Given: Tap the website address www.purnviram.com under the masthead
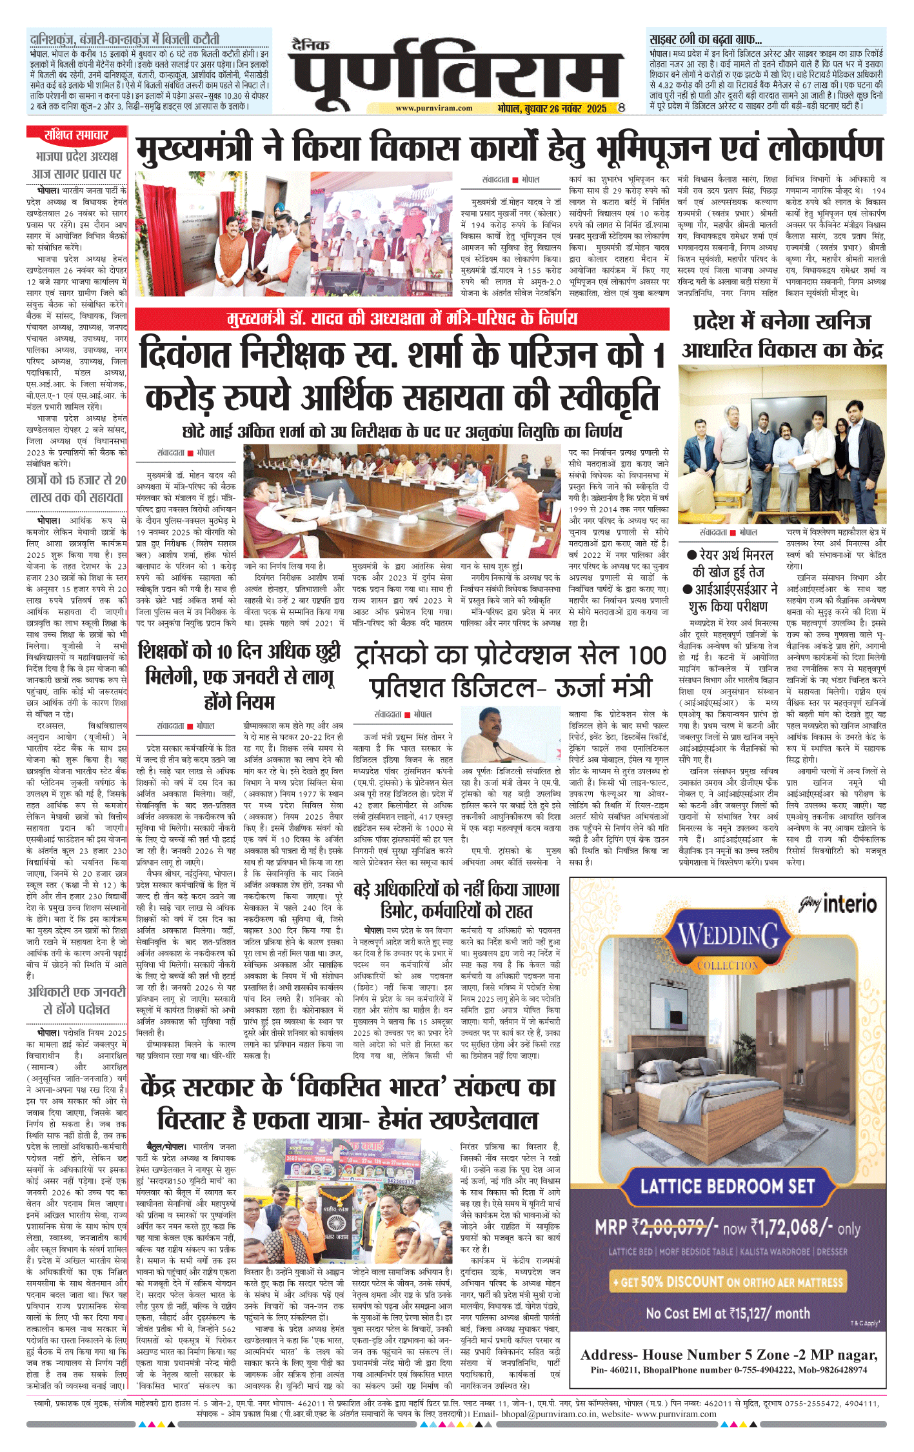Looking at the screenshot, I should point(433,108).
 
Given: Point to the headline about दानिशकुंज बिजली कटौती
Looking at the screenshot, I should point(125,39).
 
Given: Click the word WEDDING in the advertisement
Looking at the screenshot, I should point(728,936).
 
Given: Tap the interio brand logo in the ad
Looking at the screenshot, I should point(839,904).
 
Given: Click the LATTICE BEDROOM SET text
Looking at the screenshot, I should point(727,1186).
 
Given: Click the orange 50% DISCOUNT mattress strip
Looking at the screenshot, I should point(727,1282).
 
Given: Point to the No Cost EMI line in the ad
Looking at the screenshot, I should point(728,1313).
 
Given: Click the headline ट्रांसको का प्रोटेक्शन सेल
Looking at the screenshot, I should point(510,671).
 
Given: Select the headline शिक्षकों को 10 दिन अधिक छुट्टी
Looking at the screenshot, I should point(239,676).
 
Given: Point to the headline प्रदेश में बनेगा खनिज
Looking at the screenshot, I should point(782,336).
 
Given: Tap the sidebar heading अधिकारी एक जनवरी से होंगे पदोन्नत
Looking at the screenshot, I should point(76,1000).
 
